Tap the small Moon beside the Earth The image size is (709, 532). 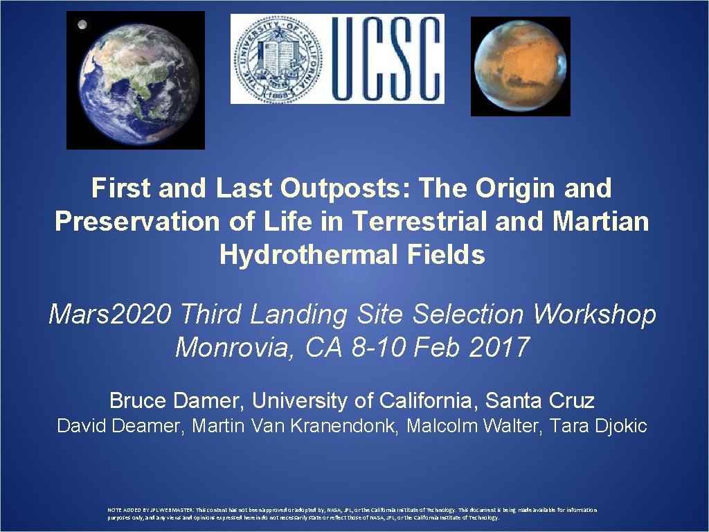[82, 25]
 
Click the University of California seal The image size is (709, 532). [276, 59]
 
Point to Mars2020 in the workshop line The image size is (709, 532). [111, 314]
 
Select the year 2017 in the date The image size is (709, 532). [499, 346]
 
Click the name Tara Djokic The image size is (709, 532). [598, 426]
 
